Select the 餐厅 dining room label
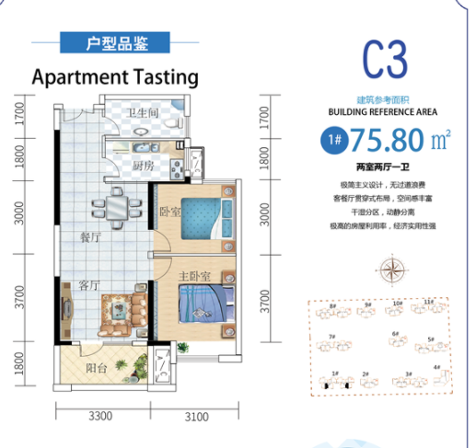tap(90, 235)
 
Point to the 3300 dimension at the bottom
tap(100, 416)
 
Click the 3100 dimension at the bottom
tap(197, 416)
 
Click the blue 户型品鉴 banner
tap(114, 42)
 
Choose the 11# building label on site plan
tap(429, 302)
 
